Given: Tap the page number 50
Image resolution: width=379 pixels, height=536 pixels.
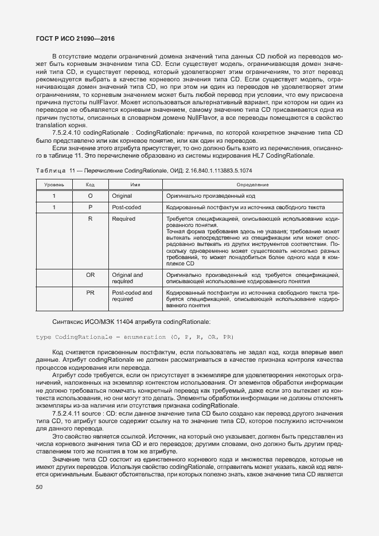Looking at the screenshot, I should click(40, 487).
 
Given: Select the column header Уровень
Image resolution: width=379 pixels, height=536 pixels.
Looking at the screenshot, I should click(54, 185).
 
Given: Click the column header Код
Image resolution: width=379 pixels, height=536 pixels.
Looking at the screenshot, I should click(90, 185).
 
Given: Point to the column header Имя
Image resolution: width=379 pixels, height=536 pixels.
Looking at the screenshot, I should click(135, 185).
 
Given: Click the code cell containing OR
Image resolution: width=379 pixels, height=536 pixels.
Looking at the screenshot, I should click(90, 275).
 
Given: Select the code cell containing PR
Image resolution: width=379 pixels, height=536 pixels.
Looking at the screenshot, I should click(90, 293).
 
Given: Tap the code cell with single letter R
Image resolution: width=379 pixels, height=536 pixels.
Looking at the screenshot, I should click(90, 219).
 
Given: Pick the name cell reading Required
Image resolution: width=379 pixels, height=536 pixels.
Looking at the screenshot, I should click(123, 219).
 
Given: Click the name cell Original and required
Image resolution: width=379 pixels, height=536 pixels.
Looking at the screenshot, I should click(127, 278).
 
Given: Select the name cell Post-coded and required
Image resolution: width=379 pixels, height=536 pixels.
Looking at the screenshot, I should click(132, 296).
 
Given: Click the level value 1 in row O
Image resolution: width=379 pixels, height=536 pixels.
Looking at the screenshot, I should click(54, 196).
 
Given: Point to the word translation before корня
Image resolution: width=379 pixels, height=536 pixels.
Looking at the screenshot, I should click(50, 126).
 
